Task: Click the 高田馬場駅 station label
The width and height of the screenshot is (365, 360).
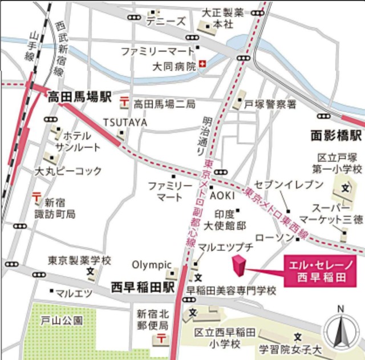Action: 79,97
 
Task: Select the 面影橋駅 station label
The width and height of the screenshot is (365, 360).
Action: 336,136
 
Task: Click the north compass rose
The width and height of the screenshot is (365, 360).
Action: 340,332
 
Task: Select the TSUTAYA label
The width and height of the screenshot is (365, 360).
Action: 125,122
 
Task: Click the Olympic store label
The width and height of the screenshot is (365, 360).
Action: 152,264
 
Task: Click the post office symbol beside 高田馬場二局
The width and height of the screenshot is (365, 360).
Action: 123,103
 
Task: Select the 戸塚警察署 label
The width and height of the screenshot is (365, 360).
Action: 270,104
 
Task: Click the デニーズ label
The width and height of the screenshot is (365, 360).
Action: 165,21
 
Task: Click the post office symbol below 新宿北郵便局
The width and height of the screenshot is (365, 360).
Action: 161,340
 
